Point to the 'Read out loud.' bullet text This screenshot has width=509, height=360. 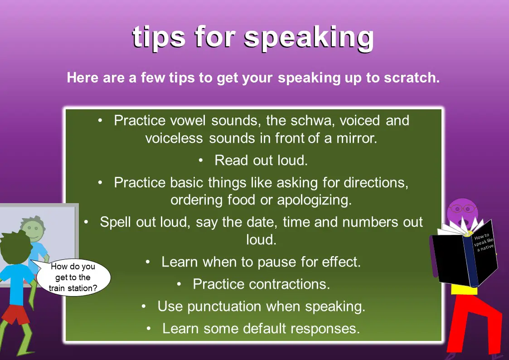click(x=261, y=160)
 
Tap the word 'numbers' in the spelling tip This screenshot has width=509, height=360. click(x=369, y=222)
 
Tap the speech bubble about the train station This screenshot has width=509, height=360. click(x=73, y=277)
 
